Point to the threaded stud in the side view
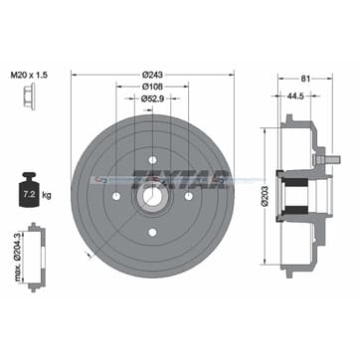(x=323, y=159)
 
